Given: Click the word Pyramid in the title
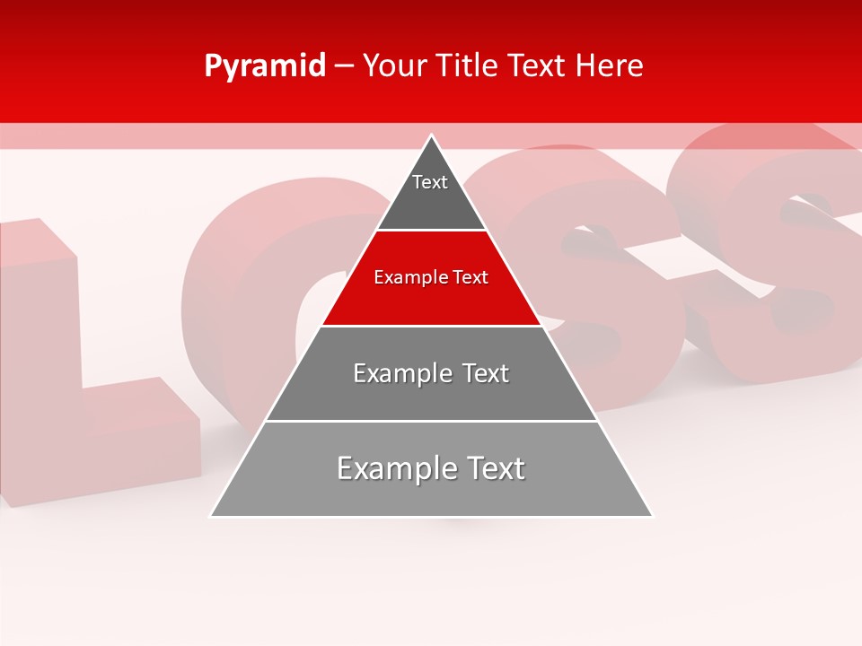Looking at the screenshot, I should click(x=264, y=66).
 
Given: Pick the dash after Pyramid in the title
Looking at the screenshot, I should click(x=343, y=66).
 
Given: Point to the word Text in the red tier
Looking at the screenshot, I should click(x=471, y=277).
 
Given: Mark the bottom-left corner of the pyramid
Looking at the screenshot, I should click(x=211, y=516).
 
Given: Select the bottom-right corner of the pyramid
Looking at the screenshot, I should click(x=652, y=516).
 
